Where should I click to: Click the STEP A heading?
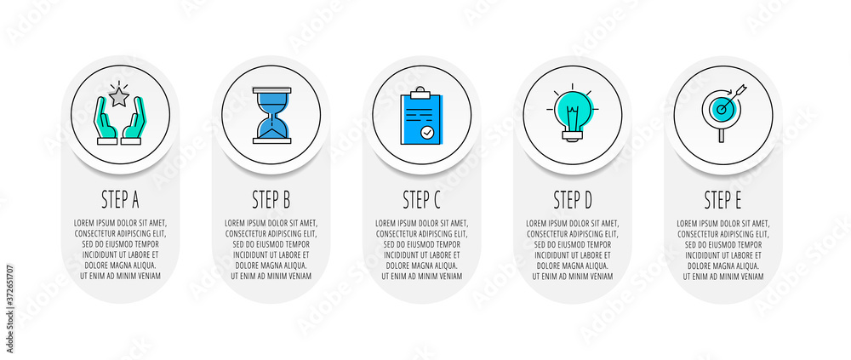(121, 200)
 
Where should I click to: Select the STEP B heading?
(271, 200)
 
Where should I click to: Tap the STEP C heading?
(422, 200)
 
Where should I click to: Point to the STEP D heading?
(573, 200)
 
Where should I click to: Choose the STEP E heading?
(722, 200)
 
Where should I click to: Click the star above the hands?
(119, 98)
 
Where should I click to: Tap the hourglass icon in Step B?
(271, 115)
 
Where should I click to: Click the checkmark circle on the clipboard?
(428, 131)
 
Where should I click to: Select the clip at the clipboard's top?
(420, 94)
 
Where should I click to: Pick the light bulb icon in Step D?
(573, 115)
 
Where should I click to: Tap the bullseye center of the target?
(721, 110)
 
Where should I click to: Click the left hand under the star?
(106, 121)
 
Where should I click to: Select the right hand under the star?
(133, 121)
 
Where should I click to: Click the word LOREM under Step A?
(84, 223)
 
